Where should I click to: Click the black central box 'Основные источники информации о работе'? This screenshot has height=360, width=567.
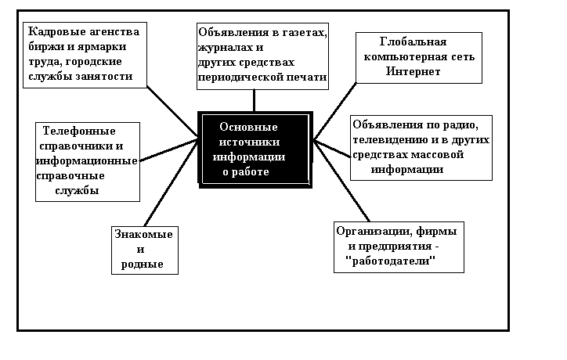click(255, 149)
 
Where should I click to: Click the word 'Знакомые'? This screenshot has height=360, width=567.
click(143, 234)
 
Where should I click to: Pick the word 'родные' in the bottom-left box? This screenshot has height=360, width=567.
click(143, 264)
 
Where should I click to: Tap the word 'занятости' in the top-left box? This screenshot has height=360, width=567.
click(107, 76)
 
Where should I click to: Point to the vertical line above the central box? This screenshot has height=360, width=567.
click(254, 99)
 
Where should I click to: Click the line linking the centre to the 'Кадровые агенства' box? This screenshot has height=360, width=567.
click(174, 109)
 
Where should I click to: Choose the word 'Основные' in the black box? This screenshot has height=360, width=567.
click(249, 126)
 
